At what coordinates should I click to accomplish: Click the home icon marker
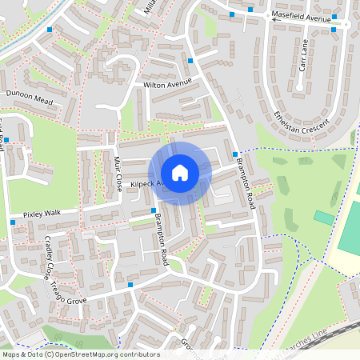pos(180,173)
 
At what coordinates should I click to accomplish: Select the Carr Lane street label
pos(303,56)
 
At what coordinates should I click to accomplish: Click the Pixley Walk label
pos(42,214)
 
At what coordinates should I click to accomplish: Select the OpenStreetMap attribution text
pos(80,354)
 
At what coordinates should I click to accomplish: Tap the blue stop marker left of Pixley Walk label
pos(13,222)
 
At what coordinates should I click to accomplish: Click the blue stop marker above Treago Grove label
pos(130,284)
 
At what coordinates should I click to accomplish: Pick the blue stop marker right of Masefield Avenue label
pos(335,30)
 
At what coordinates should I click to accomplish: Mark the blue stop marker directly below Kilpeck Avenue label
pos(154,210)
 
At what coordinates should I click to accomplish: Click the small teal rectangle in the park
pos(324,218)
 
